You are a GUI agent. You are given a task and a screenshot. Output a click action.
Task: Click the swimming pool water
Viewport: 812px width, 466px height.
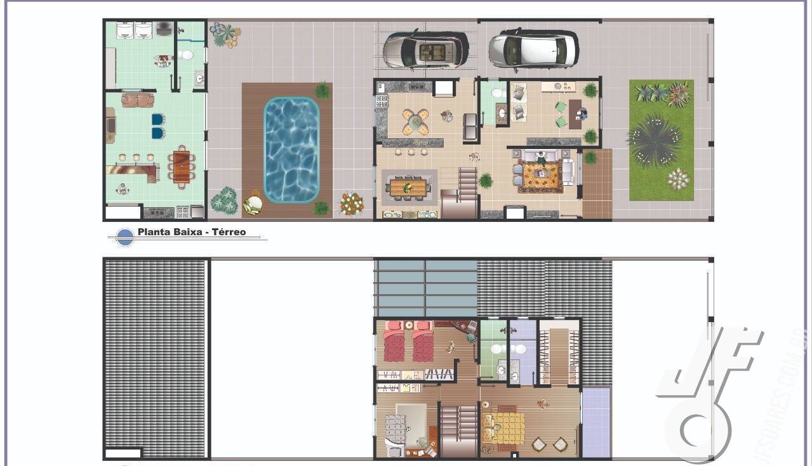(x=291, y=150)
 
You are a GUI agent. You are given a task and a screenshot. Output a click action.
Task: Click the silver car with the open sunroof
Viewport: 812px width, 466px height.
(x=426, y=49)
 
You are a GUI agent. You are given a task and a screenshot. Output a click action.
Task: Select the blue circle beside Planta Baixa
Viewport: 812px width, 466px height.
(x=126, y=236)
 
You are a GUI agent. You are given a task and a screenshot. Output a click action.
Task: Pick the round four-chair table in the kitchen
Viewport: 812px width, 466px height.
(x=415, y=121)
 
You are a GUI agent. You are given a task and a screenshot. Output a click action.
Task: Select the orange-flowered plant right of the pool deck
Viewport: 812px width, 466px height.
(x=351, y=204)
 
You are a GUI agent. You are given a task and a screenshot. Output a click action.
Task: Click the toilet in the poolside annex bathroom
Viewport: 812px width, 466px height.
(x=185, y=55)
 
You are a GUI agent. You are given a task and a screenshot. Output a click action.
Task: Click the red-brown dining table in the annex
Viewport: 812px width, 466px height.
(x=182, y=166)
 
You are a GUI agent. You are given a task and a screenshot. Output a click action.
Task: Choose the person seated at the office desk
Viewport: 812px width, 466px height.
(x=582, y=114)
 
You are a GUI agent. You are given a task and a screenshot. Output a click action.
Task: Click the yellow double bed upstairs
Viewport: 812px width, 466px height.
(x=503, y=427)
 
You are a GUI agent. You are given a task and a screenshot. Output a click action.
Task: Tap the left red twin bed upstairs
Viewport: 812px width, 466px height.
(x=394, y=342)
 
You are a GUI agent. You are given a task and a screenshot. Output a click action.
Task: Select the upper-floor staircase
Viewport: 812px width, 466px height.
(x=458, y=429)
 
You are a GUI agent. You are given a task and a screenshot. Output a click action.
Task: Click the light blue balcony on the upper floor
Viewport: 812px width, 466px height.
(x=596, y=422)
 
